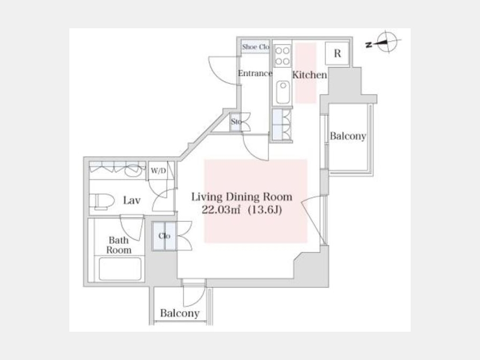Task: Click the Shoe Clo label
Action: (255, 47)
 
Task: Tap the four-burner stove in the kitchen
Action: (282, 55)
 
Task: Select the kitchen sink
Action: (283, 92)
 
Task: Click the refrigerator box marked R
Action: (337, 53)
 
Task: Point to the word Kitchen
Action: (309, 75)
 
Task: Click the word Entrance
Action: (255, 74)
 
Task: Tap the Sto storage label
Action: (236, 122)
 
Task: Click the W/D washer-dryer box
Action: (158, 171)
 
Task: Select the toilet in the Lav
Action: (102, 201)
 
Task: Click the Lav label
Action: (132, 201)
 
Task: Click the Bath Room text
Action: (119, 245)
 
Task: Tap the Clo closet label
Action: (164, 236)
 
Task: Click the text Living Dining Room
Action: (242, 197)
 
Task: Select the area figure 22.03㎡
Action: (221, 210)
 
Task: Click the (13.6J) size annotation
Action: (265, 210)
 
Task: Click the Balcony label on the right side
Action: (348, 136)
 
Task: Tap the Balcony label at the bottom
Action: (180, 313)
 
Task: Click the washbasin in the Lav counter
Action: (134, 171)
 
